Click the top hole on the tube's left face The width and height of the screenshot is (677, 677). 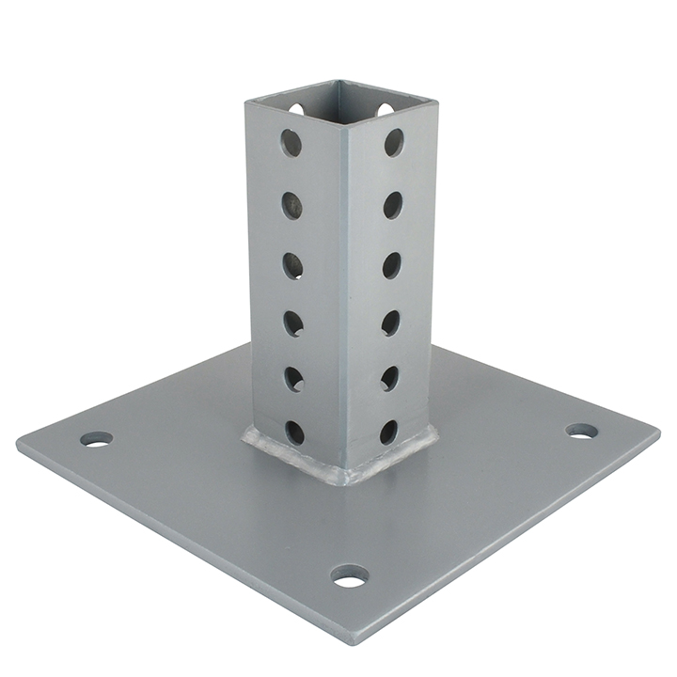(x=291, y=144)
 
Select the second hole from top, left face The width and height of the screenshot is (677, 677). (x=292, y=205)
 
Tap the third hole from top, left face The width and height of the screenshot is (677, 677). (x=293, y=266)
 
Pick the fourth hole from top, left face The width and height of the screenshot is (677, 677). (x=294, y=323)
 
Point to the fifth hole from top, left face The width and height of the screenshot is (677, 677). (x=294, y=379)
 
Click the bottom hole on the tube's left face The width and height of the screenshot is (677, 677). (x=295, y=432)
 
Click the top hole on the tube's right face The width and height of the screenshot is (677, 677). (x=393, y=143)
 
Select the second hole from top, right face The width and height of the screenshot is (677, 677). (x=392, y=205)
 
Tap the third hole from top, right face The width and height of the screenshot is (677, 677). (x=391, y=265)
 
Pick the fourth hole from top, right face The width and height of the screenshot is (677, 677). (x=390, y=323)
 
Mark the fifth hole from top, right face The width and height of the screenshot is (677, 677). (x=389, y=378)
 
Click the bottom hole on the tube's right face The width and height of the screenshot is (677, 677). (x=388, y=432)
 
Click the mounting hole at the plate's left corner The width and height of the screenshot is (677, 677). (x=96, y=439)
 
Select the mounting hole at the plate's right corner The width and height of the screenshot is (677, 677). (x=581, y=431)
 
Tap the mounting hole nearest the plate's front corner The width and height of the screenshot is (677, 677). (x=350, y=575)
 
